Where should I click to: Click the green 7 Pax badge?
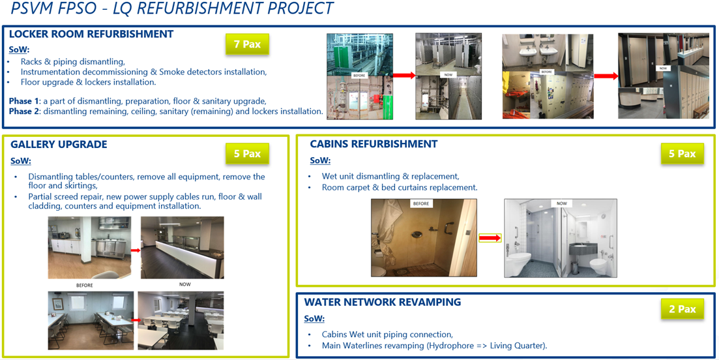246,44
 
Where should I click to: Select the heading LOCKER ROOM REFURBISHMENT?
91,34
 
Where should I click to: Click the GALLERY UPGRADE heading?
59,145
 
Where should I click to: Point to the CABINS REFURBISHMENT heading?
374,144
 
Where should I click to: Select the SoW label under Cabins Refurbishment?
320,160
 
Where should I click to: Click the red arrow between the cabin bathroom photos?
490,238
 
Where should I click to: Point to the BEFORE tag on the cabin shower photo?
421,203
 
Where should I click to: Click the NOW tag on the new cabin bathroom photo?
561,203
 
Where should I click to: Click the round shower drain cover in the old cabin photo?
417,235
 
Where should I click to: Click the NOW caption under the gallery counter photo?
184,285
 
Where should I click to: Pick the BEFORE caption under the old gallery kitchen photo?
84,285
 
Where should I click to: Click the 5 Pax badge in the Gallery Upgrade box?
247,154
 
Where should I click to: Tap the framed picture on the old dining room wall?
58,304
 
